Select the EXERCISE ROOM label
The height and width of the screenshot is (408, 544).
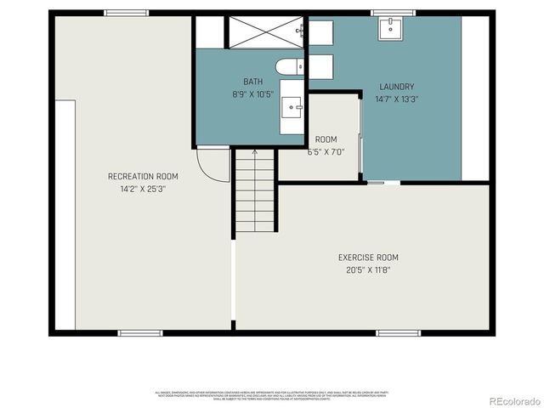[368, 258]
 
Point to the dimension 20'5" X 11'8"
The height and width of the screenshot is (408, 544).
[368, 270]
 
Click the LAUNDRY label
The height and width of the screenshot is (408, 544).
[396, 87]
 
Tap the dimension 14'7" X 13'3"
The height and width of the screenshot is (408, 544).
[396, 99]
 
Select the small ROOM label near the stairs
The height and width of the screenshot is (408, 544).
[326, 139]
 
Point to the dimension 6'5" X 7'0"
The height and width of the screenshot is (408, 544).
[326, 152]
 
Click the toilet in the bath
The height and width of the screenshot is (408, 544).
[286, 66]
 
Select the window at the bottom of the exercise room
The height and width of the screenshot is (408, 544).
[398, 332]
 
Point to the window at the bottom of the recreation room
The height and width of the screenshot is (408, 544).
[139, 332]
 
